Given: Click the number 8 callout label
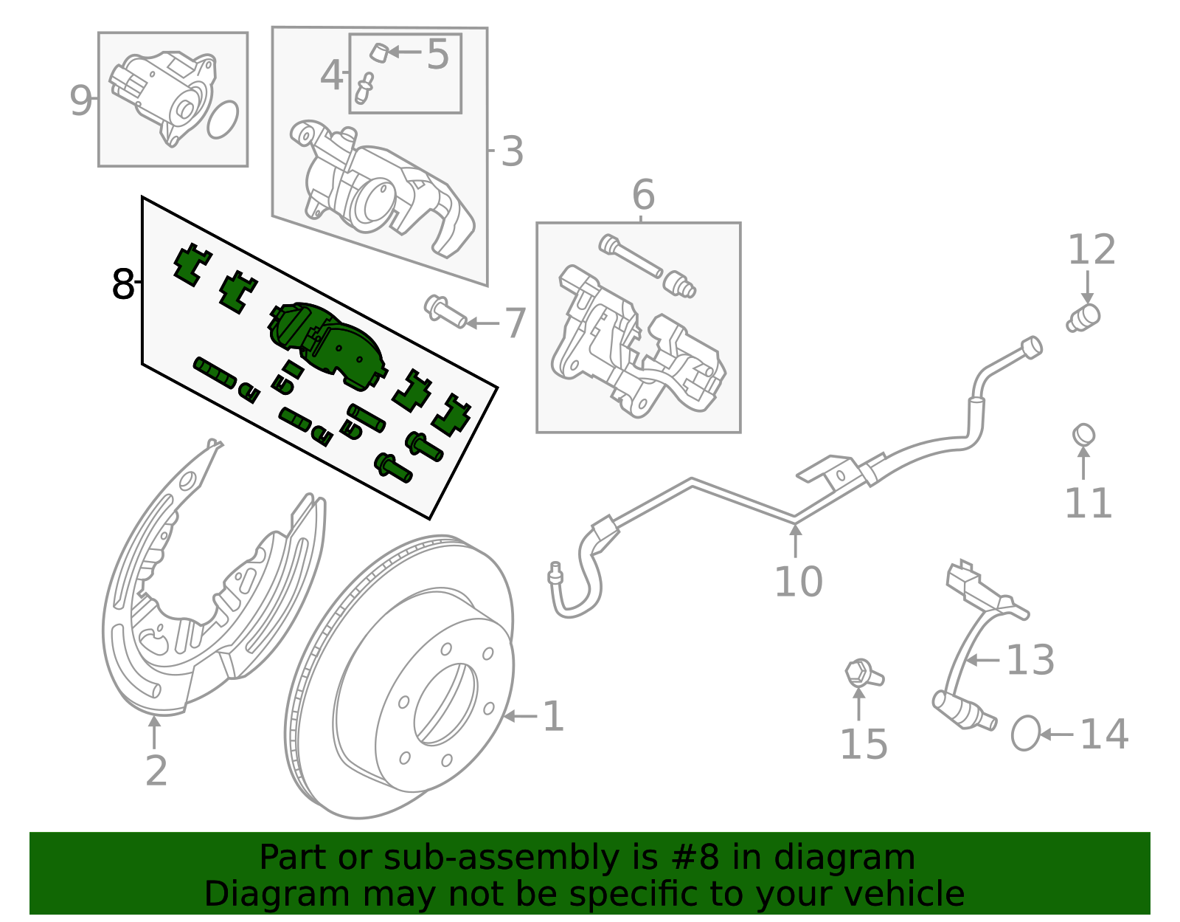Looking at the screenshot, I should [x=122, y=284].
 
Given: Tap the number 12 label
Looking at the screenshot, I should [x=1091, y=250].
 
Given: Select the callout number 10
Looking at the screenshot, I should [x=798, y=582].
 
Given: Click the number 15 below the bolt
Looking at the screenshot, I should [x=864, y=744].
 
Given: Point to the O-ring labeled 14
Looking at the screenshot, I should [x=1025, y=733].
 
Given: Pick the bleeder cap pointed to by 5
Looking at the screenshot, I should [x=379, y=52].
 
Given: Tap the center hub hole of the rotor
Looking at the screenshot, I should [x=446, y=704].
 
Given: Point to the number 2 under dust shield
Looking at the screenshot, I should [x=156, y=771].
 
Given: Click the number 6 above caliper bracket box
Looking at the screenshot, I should [x=643, y=196].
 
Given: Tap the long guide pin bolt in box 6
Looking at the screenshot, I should [x=631, y=257].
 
